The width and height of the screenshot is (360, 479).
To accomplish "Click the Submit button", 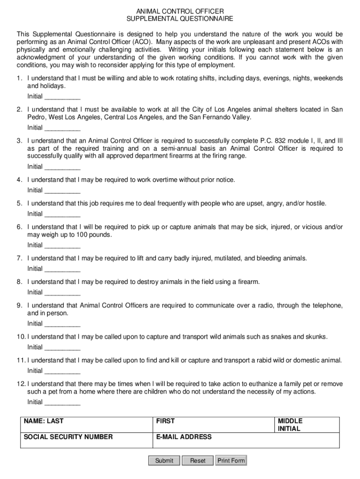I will (164, 461).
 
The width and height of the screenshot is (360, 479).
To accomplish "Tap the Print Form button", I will (231, 461).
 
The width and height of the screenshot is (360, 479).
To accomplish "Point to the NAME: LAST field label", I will (43, 421).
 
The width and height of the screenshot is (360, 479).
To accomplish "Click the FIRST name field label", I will (166, 421).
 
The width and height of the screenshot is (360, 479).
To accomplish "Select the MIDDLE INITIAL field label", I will (290, 425).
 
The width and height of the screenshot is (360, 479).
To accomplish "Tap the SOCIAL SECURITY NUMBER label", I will (68, 437).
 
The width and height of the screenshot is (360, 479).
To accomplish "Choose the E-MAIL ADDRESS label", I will (184, 437).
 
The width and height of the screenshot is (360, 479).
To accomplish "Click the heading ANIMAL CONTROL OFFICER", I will (180, 11).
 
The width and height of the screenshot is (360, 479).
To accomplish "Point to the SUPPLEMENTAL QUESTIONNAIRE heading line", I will (180, 19).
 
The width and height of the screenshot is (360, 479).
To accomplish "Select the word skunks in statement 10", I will (317, 337).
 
